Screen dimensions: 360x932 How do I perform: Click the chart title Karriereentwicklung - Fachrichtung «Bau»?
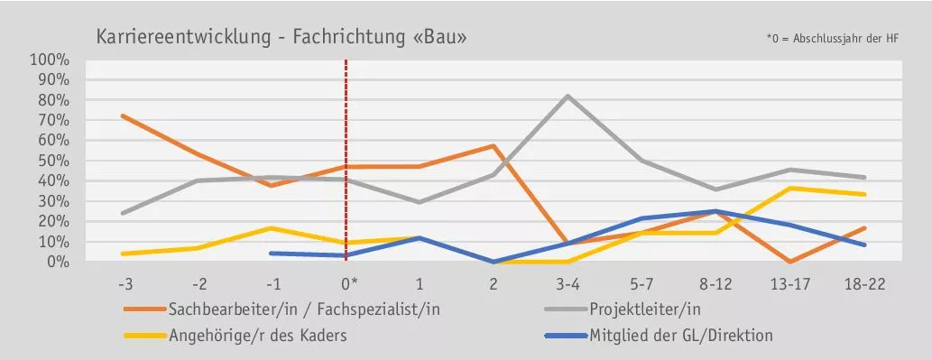(x=281, y=38)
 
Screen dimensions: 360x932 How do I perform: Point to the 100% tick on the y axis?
(x=50, y=60)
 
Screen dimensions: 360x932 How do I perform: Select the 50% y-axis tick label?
(x=52, y=161)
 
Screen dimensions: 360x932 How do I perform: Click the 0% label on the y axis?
(x=56, y=262)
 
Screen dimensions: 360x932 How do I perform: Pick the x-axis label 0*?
(x=346, y=283)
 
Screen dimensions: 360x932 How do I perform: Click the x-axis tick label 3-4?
(x=568, y=283)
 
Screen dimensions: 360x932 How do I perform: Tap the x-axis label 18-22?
(x=864, y=283)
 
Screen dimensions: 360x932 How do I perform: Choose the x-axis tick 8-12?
(x=715, y=283)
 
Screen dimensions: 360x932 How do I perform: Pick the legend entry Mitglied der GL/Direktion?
(x=681, y=336)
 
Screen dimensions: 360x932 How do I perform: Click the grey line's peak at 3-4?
(x=568, y=96)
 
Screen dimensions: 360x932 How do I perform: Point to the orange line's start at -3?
(x=123, y=115)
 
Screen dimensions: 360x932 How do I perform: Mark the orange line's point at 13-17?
(x=790, y=262)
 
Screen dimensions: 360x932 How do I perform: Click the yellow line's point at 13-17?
(x=790, y=188)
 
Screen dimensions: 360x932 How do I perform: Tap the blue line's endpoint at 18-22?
(x=864, y=245)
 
